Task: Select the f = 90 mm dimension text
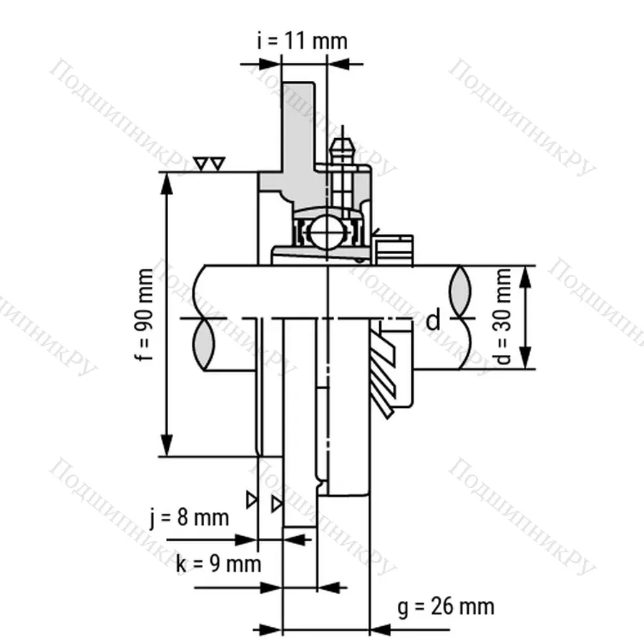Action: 146,315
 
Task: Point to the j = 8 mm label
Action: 190,517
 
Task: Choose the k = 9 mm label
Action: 219,564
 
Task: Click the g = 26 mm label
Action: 445,607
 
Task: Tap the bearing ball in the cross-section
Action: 326,233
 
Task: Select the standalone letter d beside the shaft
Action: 433,321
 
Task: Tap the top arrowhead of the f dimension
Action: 167,182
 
